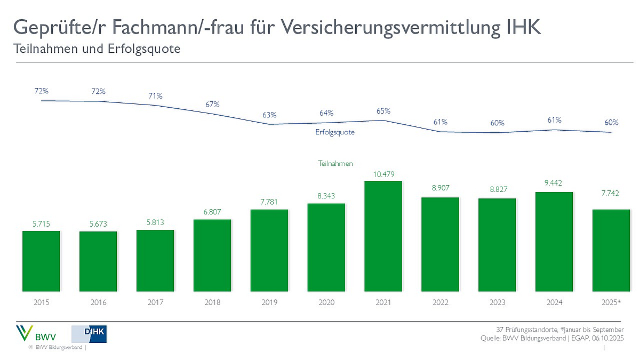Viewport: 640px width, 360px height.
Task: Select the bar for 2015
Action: click(x=41, y=261)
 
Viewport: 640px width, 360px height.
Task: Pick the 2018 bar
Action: click(x=212, y=255)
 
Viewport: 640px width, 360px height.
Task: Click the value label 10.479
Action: click(x=383, y=174)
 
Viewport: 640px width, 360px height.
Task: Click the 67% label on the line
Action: click(x=212, y=104)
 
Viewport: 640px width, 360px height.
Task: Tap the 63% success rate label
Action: click(x=269, y=115)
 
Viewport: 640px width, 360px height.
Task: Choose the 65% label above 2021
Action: click(x=383, y=111)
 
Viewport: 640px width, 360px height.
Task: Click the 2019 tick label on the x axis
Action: click(x=269, y=302)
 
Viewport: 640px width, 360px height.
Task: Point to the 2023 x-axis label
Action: click(x=497, y=302)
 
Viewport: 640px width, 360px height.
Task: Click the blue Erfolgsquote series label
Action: click(x=335, y=131)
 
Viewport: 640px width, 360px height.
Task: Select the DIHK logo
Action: click(x=89, y=334)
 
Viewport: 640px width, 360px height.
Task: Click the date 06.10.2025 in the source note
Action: click(x=604, y=339)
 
